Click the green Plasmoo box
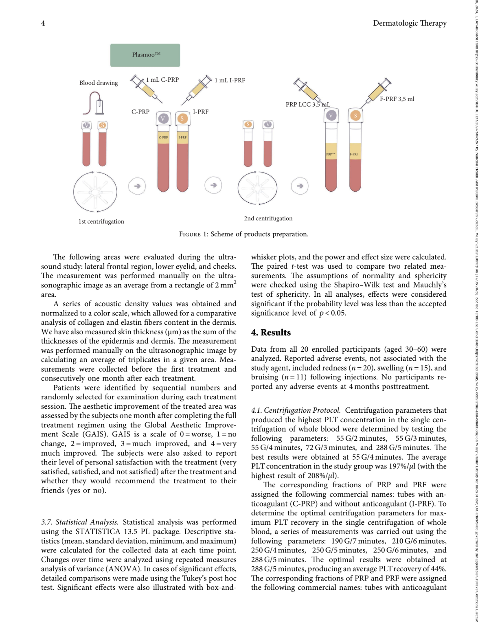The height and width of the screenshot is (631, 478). click(145, 55)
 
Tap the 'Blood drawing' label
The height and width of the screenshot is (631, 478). click(99, 83)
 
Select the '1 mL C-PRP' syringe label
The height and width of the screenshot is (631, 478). click(162, 80)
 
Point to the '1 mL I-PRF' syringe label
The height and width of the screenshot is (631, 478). click(230, 80)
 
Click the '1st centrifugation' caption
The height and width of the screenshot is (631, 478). click(101, 221)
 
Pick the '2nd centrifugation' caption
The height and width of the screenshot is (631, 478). click(268, 218)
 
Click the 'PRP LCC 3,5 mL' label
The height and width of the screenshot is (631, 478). click(307, 105)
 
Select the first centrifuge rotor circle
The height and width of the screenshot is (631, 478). click(95, 191)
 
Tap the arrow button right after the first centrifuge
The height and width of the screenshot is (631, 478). click(137, 186)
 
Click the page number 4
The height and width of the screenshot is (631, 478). click(43, 23)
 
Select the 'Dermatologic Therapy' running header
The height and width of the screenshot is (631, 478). click(410, 23)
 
